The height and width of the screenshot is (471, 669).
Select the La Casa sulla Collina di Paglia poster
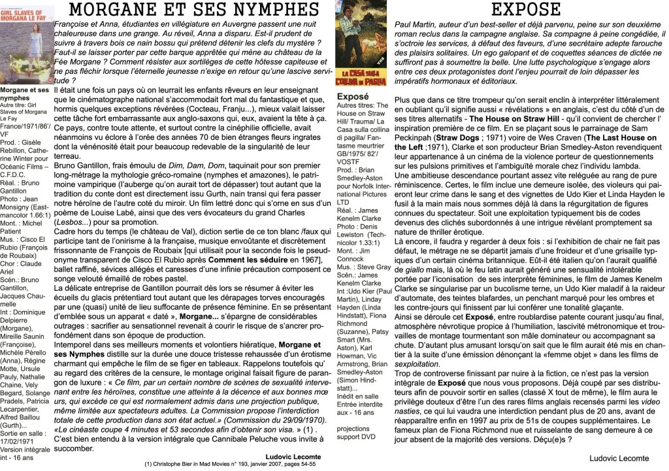(360, 43)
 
